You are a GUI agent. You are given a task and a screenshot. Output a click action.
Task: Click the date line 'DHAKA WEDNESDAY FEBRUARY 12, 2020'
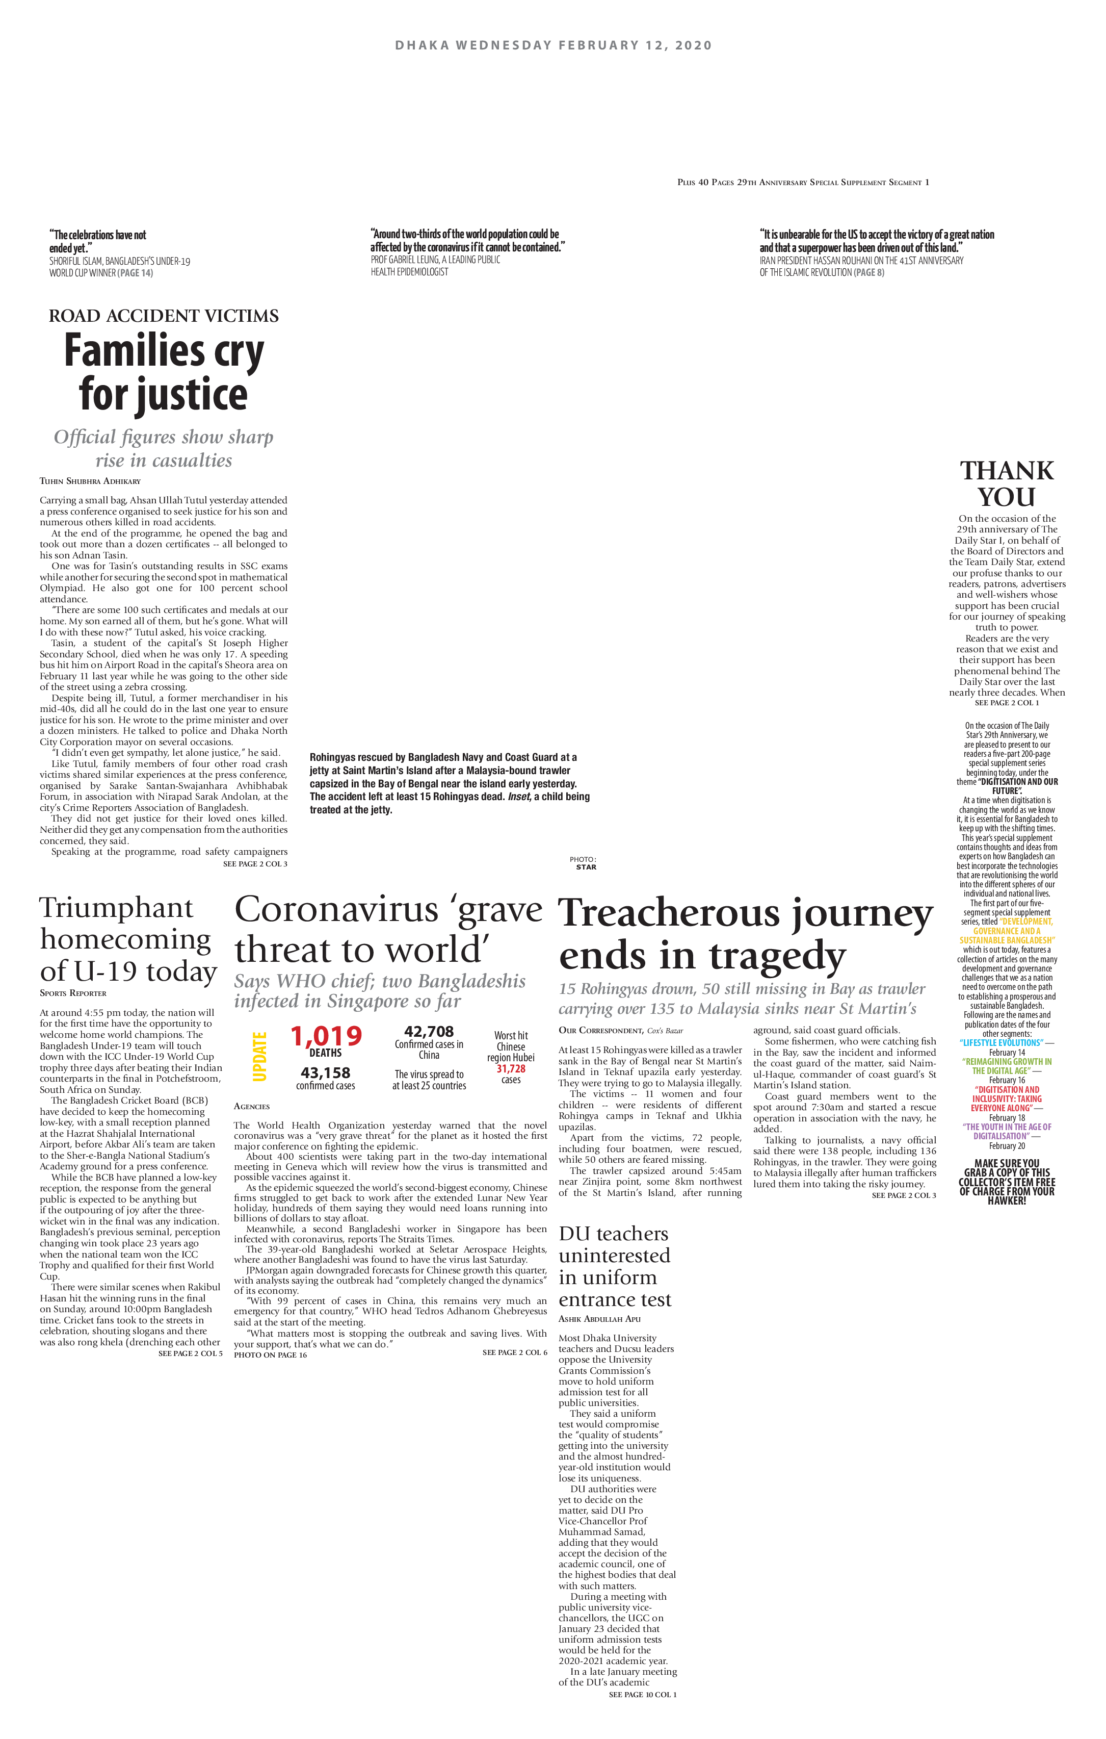(x=553, y=45)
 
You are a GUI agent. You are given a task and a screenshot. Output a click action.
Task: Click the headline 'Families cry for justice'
(x=164, y=373)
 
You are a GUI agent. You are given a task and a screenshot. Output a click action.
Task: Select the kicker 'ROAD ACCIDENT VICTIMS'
(x=164, y=316)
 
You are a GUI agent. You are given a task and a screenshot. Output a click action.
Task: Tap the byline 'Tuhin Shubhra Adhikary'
(x=90, y=481)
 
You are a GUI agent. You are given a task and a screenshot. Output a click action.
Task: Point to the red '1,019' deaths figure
(x=326, y=1036)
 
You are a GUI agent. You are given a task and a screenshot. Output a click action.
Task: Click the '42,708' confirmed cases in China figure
(x=429, y=1031)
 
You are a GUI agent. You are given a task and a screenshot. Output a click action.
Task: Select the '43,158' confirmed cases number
(x=326, y=1073)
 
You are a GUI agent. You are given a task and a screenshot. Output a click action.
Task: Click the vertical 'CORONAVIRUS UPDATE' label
(x=253, y=1056)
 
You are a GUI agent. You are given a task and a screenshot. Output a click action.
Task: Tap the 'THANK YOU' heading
(x=1007, y=484)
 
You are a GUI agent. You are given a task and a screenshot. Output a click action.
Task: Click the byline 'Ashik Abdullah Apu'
(x=600, y=1319)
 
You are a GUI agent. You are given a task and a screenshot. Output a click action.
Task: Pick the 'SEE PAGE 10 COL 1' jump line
(x=643, y=1694)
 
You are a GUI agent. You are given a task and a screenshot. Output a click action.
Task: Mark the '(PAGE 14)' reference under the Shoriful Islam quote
(x=136, y=273)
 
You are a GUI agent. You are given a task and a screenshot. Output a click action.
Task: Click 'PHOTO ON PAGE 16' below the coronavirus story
(x=270, y=1355)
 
